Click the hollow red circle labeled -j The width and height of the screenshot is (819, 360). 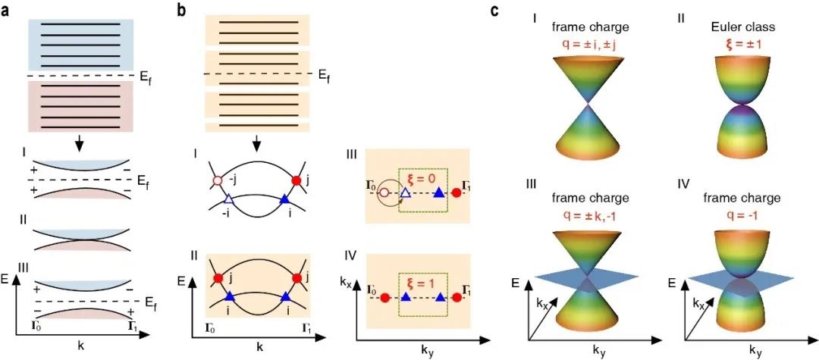point(218,181)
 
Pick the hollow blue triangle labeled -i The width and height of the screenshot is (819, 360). point(228,199)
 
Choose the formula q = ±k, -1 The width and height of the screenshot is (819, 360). point(588,214)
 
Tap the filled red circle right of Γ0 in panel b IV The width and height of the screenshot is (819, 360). point(385,299)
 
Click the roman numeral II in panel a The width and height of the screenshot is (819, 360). point(21,220)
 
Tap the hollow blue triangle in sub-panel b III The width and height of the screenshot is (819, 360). point(405,193)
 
